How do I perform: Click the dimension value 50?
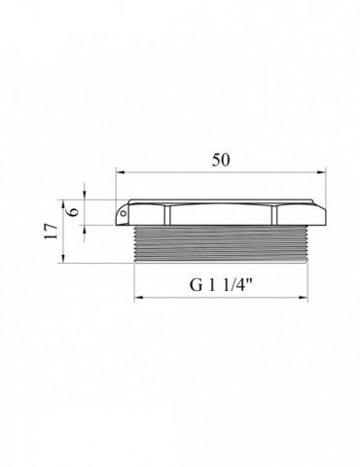tap(221, 160)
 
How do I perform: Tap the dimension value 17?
tap(52, 231)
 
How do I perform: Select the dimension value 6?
tap(74, 211)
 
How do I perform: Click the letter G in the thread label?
tap(196, 285)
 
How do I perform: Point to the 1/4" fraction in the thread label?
tap(237, 285)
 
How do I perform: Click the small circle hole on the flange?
tap(124, 213)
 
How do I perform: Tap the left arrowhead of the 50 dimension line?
tap(120, 172)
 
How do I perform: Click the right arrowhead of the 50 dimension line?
tap(321, 172)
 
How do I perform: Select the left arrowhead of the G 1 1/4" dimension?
tap(139, 297)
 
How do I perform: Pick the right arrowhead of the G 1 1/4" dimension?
tap(303, 297)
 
